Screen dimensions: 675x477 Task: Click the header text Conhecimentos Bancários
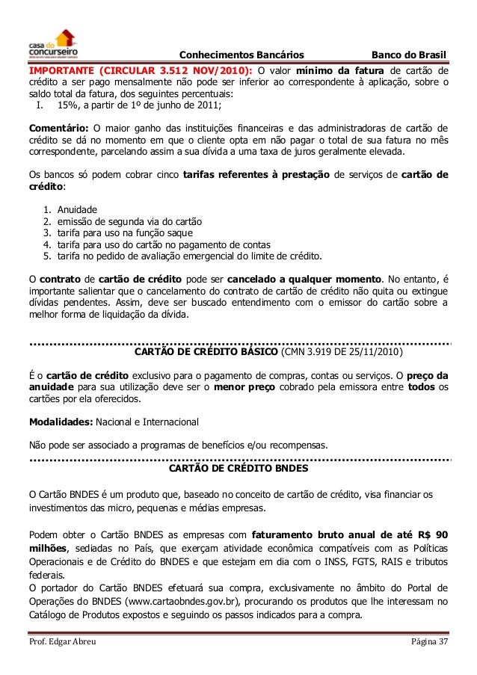[x=242, y=55]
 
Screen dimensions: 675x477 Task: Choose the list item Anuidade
[x=78, y=210]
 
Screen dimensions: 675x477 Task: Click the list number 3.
[x=47, y=233]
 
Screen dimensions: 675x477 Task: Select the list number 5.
[x=47, y=256]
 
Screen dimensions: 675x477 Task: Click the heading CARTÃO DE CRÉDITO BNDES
[x=238, y=469]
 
